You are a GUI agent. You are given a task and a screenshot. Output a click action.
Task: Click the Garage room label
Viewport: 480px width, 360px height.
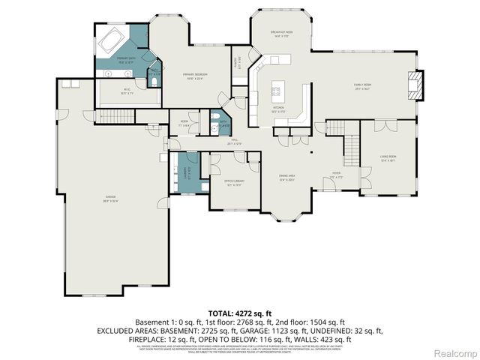(110, 199)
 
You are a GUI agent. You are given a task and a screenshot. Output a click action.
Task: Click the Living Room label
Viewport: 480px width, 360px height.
(388, 157)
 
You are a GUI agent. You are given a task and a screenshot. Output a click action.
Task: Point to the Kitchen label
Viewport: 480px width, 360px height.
(278, 108)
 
